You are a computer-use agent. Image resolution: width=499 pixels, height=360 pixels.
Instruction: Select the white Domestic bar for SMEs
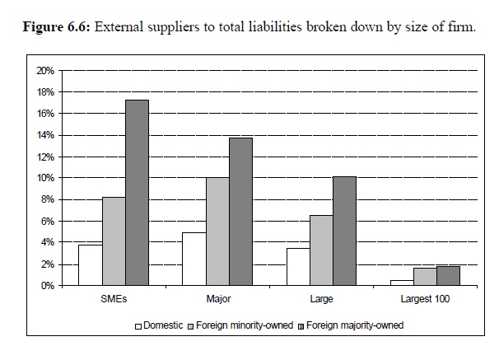pos(90,264)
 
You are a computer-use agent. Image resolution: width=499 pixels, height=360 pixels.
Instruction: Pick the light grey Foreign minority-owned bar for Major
pos(217,231)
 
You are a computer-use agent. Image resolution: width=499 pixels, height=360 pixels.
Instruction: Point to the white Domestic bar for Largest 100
pos(402,283)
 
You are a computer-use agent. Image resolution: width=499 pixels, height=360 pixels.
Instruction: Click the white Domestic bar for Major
pos(193,259)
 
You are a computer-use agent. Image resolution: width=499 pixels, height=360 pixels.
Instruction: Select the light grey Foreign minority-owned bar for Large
pos(322,250)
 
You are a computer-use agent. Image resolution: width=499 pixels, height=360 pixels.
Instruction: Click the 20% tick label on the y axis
pos(45,71)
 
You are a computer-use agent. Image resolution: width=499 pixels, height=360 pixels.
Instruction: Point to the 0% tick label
pos(48,286)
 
